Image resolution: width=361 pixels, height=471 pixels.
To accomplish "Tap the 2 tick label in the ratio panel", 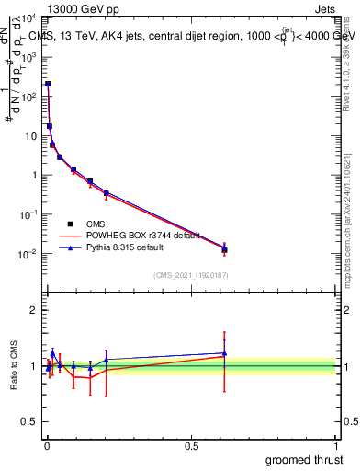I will [x=33, y=310].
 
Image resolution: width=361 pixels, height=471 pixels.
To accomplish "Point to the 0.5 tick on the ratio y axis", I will [x=29, y=424].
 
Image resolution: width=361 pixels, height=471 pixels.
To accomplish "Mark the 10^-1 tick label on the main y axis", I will [x=27, y=214].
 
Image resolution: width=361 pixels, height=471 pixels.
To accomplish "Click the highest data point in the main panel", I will [x=48, y=84].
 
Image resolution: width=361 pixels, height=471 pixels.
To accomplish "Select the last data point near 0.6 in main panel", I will [x=224, y=249].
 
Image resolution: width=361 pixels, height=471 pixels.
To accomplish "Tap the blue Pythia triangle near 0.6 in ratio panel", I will [x=224, y=353].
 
